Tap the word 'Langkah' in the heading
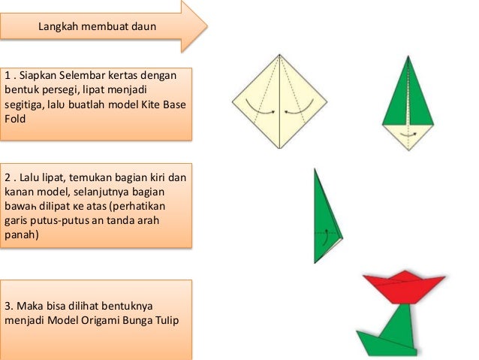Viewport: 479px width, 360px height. [x=59, y=29]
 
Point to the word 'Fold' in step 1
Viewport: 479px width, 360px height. [x=15, y=116]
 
